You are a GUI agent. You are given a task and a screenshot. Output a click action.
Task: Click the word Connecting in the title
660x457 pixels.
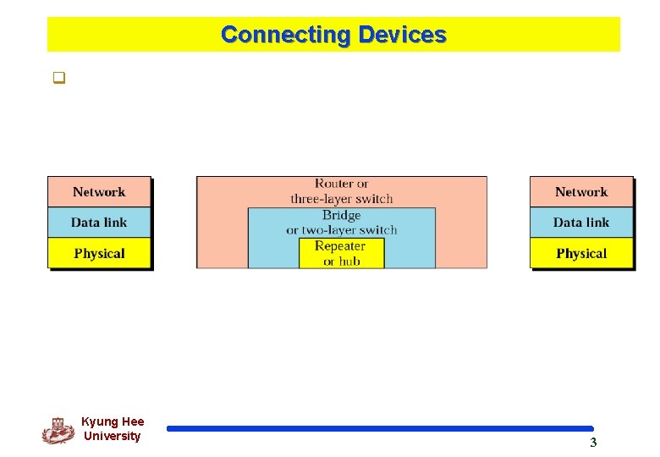pyautogui.click(x=285, y=35)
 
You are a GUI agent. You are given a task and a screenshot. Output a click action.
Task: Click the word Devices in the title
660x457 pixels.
pyautogui.click(x=402, y=35)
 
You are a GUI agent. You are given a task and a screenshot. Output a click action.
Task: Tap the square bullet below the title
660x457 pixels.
pyautogui.click(x=59, y=80)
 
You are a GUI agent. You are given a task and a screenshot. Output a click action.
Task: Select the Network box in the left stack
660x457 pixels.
pyautogui.click(x=99, y=192)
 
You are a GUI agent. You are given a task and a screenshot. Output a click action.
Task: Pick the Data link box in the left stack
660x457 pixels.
pyautogui.click(x=99, y=223)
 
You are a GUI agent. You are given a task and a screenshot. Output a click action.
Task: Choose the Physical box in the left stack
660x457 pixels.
pyautogui.click(x=99, y=253)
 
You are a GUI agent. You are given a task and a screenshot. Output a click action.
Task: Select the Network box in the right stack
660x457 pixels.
pyautogui.click(x=581, y=192)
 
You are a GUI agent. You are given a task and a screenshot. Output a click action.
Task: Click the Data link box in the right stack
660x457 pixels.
pyautogui.click(x=581, y=223)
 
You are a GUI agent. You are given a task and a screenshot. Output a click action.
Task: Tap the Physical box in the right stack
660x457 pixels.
pyautogui.click(x=581, y=253)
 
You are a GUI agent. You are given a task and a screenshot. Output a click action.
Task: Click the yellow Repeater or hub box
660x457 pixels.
pyautogui.click(x=341, y=253)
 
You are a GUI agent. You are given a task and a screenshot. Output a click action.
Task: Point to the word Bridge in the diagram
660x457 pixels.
pyautogui.click(x=341, y=216)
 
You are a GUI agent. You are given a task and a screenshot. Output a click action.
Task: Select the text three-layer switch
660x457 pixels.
pyautogui.click(x=341, y=199)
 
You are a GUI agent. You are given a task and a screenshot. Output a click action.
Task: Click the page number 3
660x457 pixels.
pyautogui.click(x=593, y=443)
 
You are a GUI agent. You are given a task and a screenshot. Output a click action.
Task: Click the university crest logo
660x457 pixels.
pyautogui.click(x=58, y=430)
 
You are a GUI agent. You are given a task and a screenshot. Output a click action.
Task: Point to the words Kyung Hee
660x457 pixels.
pyautogui.click(x=113, y=421)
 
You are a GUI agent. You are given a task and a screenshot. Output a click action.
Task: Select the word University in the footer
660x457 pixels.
pyautogui.click(x=113, y=436)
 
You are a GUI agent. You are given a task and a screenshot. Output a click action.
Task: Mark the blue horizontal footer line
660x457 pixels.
pyautogui.click(x=380, y=428)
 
